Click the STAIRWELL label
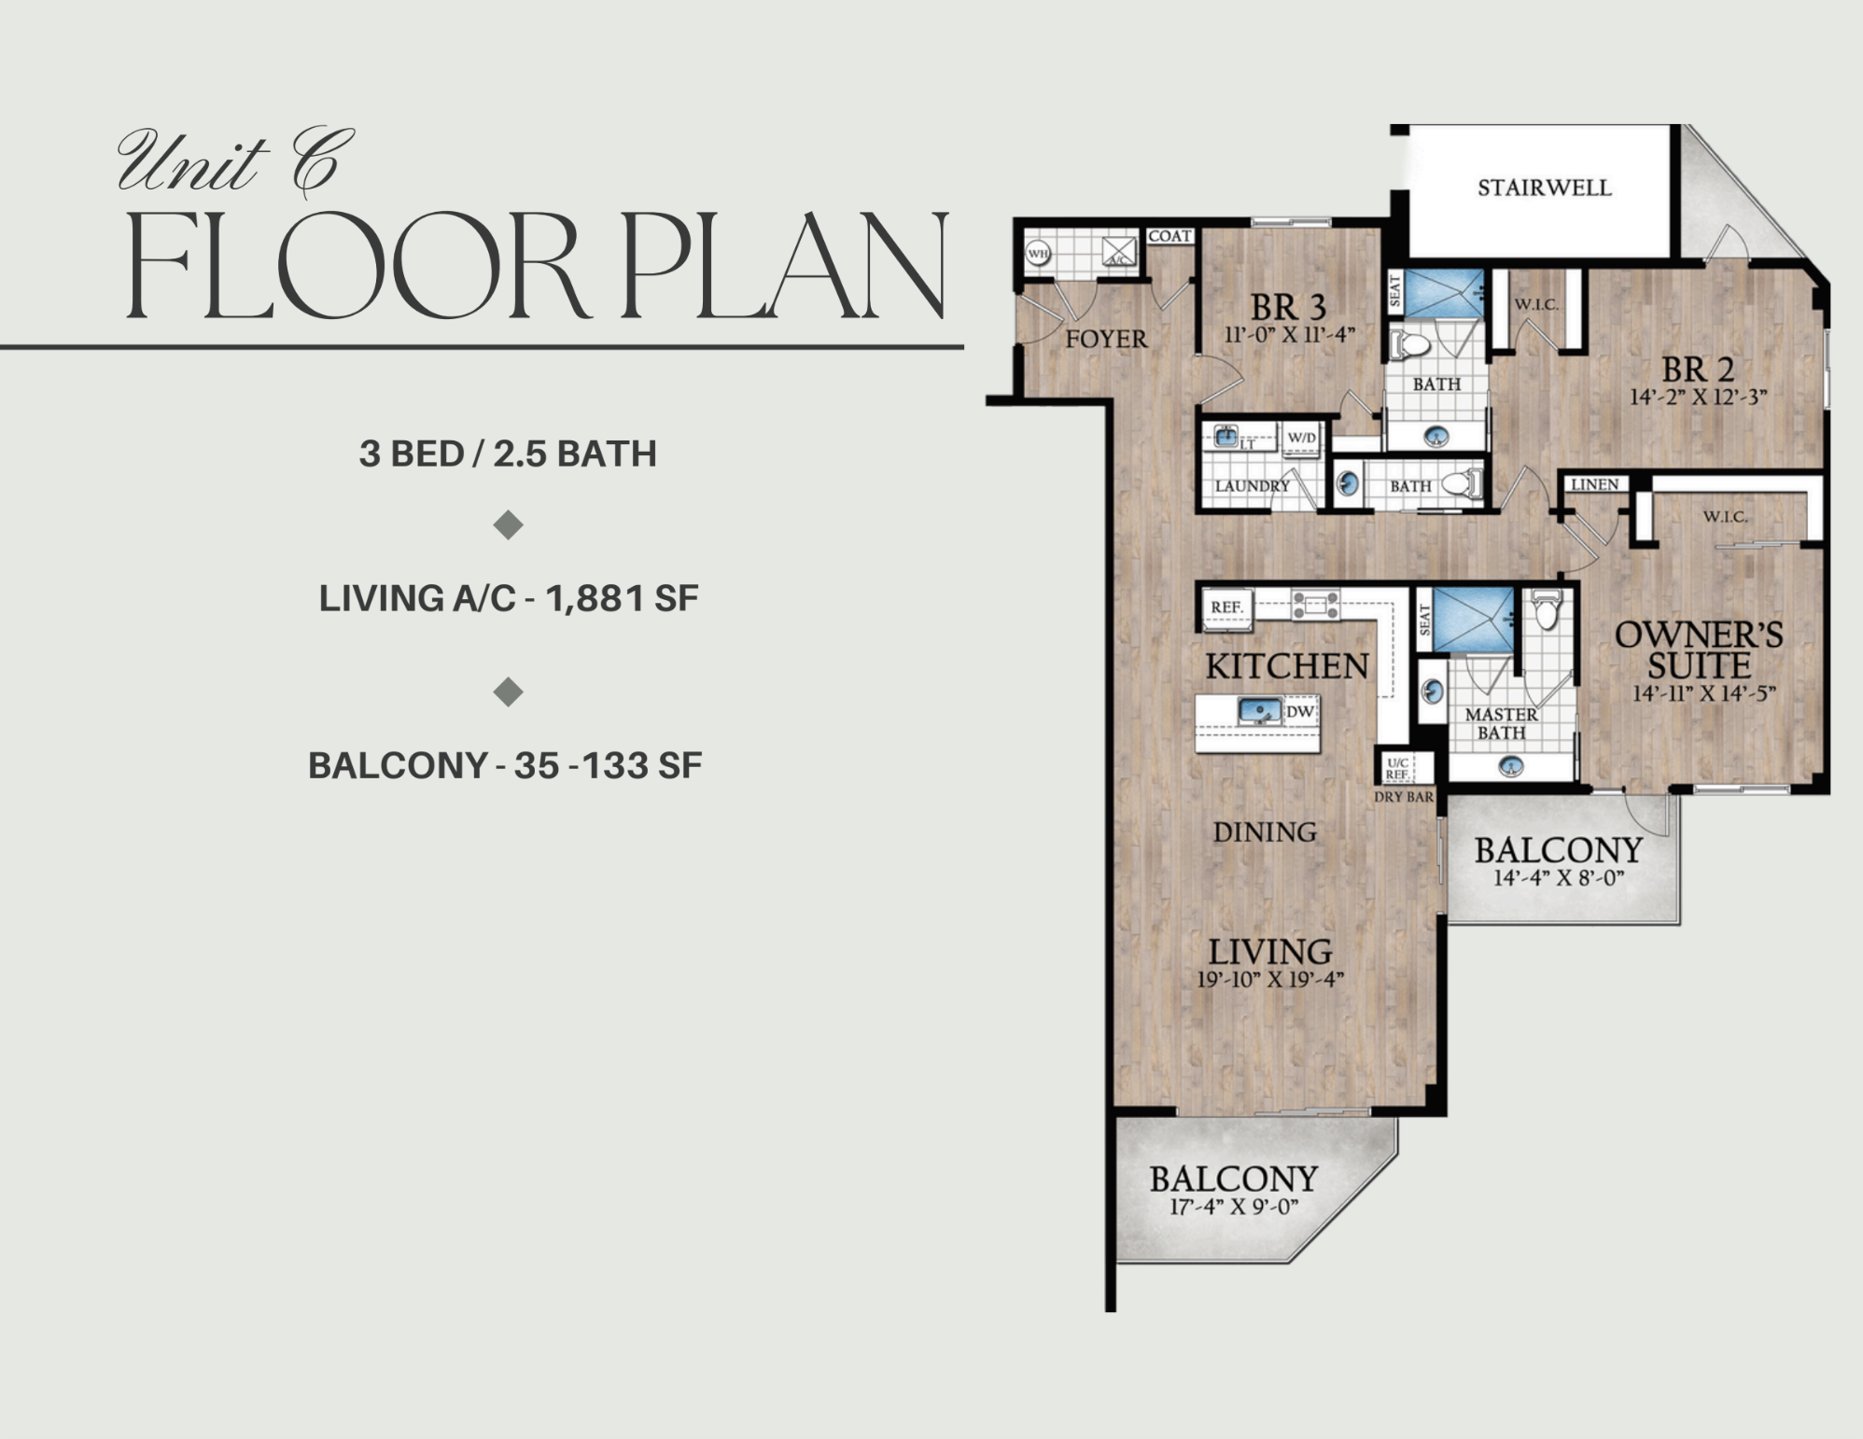(x=1544, y=188)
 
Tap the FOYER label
(x=1106, y=339)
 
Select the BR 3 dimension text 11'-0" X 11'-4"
(x=1289, y=334)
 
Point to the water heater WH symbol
(x=1038, y=253)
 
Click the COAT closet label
(x=1170, y=236)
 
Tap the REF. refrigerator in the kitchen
(x=1226, y=608)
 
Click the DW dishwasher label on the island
(x=1300, y=711)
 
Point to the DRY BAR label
(x=1403, y=797)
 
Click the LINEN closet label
(x=1594, y=484)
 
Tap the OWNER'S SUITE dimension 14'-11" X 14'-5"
(x=1703, y=693)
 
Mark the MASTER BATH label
(x=1501, y=723)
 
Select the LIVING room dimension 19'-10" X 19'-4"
(x=1269, y=979)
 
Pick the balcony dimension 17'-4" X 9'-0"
(x=1234, y=1207)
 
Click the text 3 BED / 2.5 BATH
(x=508, y=454)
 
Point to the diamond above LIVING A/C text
(x=508, y=525)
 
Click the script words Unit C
(x=235, y=162)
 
